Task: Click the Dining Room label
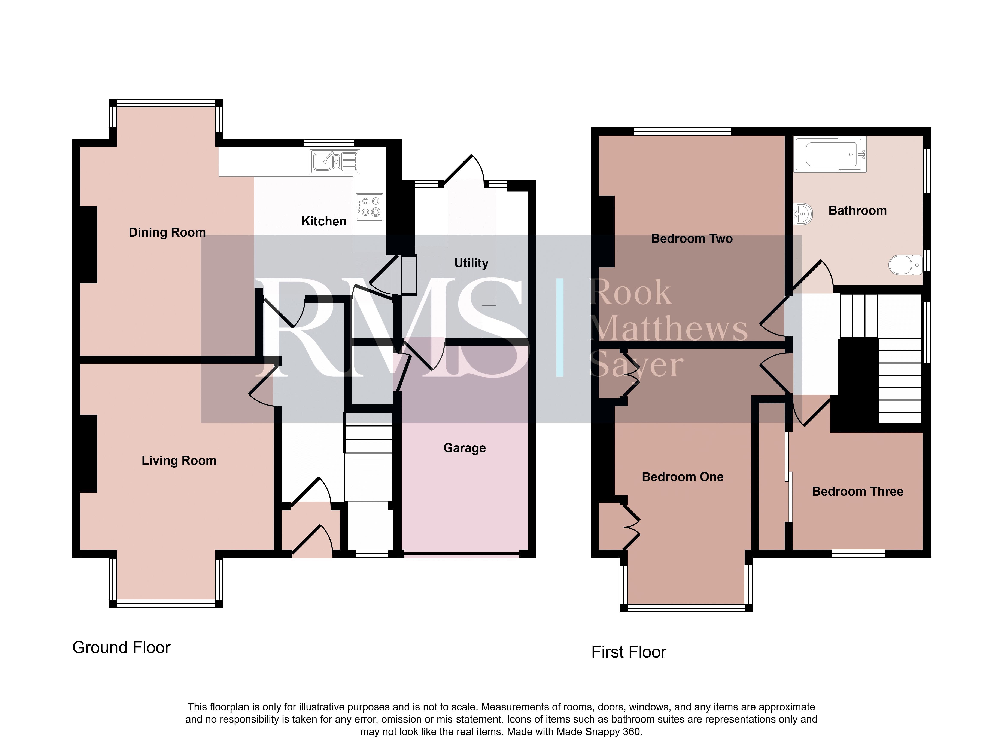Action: click(167, 233)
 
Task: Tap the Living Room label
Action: click(179, 461)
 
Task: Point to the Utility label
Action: click(471, 263)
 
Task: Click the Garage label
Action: click(464, 448)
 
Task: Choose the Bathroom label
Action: click(857, 211)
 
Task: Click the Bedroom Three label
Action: click(857, 492)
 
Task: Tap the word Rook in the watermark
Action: click(630, 293)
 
